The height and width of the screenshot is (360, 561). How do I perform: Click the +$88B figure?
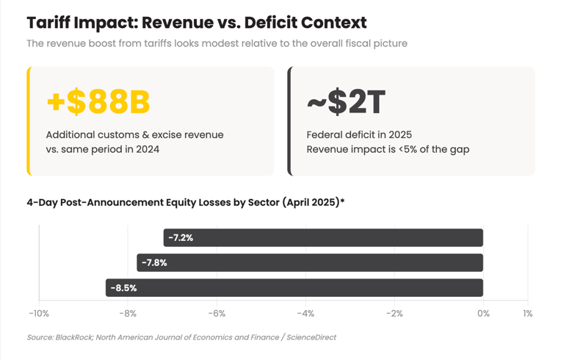[x=98, y=102]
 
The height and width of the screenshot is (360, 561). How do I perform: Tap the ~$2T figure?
[x=345, y=102]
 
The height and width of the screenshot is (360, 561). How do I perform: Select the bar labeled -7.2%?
[x=323, y=237]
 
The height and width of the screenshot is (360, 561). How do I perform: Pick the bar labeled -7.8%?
[x=310, y=262]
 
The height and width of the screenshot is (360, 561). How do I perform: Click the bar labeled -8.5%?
[x=294, y=287]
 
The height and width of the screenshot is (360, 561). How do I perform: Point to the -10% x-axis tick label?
[x=39, y=314]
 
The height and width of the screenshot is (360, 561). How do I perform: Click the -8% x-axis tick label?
[x=128, y=314]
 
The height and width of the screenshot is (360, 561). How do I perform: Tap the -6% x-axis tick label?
[x=217, y=314]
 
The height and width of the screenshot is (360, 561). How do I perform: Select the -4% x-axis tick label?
[x=305, y=314]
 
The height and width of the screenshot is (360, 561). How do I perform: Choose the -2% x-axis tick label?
[x=394, y=314]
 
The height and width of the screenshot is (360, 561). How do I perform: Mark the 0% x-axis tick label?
[x=483, y=314]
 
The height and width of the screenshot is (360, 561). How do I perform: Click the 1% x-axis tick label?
[x=528, y=314]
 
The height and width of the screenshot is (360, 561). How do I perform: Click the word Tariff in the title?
[x=51, y=23]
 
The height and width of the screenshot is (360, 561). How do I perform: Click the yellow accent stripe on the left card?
[x=29, y=121]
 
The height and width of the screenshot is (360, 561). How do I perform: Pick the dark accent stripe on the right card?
[x=290, y=121]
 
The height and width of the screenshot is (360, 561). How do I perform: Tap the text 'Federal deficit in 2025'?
[x=359, y=135]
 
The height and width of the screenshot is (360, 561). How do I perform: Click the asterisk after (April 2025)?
[x=342, y=201]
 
